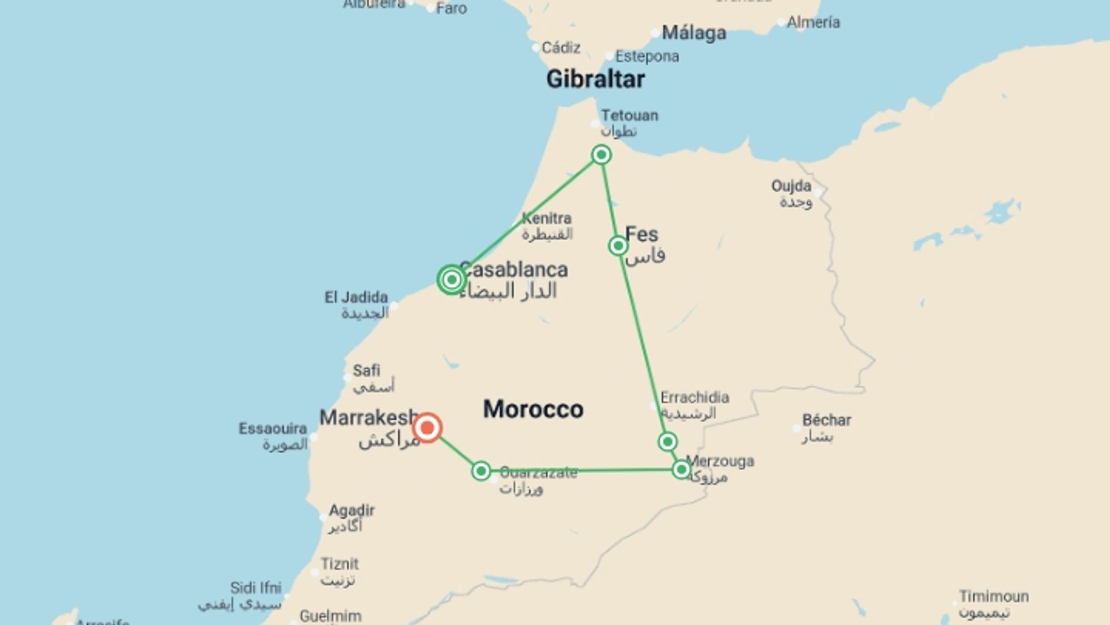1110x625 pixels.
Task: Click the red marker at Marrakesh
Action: click(427, 428)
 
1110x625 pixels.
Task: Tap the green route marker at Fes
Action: click(618, 246)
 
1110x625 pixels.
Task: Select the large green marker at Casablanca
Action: click(452, 280)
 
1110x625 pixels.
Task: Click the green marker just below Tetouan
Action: click(601, 155)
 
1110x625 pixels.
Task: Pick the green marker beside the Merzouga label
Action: click(682, 469)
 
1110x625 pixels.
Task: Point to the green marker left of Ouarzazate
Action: click(481, 471)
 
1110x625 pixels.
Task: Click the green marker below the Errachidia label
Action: click(668, 442)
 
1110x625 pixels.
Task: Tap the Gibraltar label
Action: click(595, 79)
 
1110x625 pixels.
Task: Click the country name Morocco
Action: click(533, 409)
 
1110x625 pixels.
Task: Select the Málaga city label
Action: click(694, 33)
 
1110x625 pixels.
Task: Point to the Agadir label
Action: click(351, 511)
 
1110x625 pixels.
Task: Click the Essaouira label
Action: click(273, 429)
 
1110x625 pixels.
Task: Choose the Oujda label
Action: click(791, 186)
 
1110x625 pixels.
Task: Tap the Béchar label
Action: click(827, 420)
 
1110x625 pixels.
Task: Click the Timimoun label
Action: click(994, 596)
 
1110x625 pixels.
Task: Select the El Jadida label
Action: click(356, 297)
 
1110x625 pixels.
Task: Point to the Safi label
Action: click(367, 370)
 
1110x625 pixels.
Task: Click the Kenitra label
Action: click(546, 219)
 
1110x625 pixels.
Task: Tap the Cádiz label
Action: click(561, 47)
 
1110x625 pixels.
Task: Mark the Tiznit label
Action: click(340, 564)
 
